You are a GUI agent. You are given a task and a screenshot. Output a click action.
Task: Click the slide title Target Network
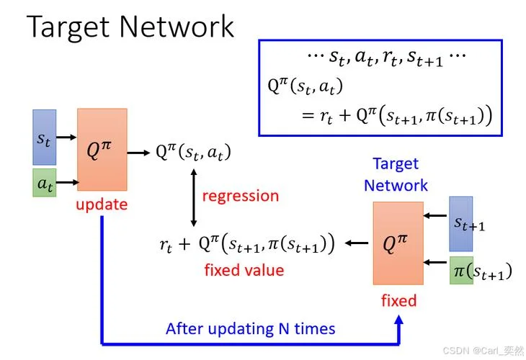pos(130,27)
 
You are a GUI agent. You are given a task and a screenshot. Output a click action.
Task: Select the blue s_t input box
pos(44,137)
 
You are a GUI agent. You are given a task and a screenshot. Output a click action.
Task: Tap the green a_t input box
pos(44,183)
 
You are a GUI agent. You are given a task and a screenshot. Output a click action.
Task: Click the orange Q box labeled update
pos(102,150)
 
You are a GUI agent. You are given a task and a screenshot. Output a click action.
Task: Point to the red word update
pos(102,204)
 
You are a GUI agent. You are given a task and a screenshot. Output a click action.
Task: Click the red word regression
pos(241,197)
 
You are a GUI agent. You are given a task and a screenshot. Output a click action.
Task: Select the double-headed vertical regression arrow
pos(194,198)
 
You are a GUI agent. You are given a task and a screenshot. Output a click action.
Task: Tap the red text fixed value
pos(244,270)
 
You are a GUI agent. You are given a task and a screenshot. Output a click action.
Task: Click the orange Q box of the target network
pos(398,243)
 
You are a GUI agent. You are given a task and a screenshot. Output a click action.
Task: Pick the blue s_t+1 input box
pos(461,224)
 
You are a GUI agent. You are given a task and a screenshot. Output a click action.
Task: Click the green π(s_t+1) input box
pos(461,271)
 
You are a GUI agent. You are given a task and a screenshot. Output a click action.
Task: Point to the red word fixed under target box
pos(399,301)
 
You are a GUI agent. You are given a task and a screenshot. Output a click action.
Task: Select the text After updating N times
pos(250,329)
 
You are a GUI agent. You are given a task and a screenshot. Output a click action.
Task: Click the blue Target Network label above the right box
pos(396,175)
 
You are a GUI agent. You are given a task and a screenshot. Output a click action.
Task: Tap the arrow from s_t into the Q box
pos(66,137)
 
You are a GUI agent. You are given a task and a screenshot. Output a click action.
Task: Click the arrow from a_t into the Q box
pos(67,182)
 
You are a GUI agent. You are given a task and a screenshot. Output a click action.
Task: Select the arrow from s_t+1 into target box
pos(435,215)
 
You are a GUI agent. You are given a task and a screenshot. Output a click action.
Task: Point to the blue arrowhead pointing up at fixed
pos(399,320)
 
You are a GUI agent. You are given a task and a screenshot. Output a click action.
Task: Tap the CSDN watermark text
pos(483,351)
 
